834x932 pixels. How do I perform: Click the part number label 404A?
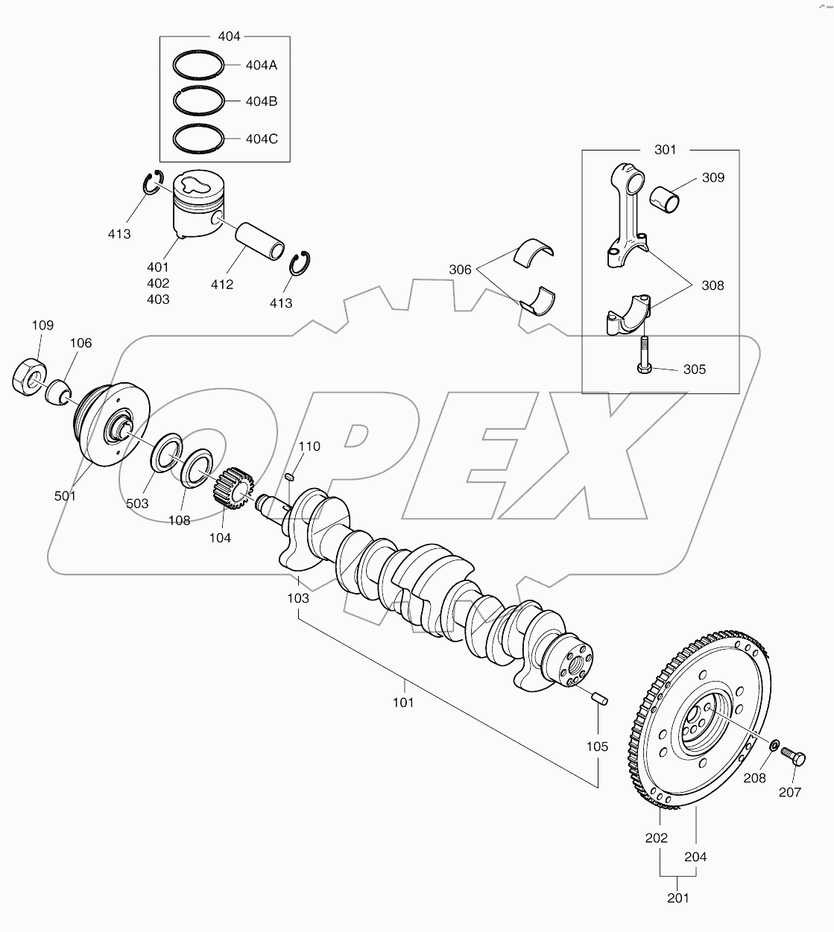click(x=261, y=65)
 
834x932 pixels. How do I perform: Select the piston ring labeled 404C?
click(x=198, y=137)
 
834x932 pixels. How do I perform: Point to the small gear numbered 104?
click(x=234, y=489)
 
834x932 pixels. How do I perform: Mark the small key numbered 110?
click(x=292, y=477)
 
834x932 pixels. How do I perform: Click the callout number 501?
click(x=65, y=495)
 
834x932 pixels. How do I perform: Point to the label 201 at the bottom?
click(x=678, y=898)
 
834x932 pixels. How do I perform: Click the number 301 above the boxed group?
click(x=666, y=150)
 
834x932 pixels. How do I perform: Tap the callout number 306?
click(x=461, y=270)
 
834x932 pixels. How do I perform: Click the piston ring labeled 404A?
click(x=198, y=65)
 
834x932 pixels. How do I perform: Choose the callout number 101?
click(x=403, y=702)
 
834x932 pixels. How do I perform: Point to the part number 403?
click(x=158, y=299)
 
